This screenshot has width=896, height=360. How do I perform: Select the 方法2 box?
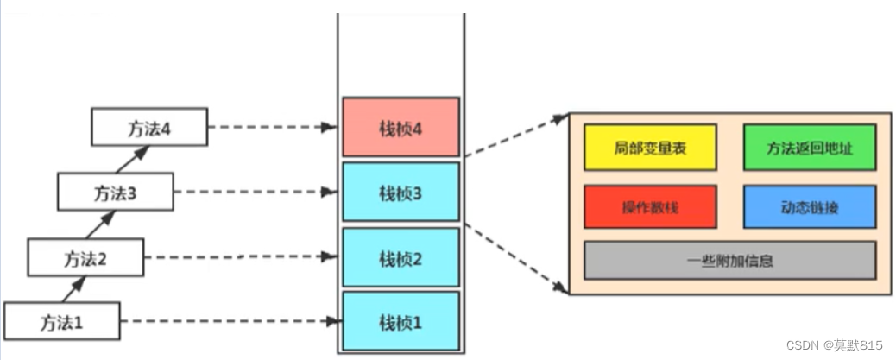point(85,256)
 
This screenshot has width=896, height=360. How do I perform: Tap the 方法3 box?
point(115,193)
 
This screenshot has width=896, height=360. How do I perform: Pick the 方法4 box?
point(149,128)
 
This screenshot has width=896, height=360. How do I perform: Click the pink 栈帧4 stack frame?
point(401,128)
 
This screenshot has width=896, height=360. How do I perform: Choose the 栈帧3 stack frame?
point(401,193)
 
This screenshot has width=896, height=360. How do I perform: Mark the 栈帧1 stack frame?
point(401,321)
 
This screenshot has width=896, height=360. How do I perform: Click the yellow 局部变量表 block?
point(650,147)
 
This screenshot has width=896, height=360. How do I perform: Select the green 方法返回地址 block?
point(810,147)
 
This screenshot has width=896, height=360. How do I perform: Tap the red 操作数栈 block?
point(650,207)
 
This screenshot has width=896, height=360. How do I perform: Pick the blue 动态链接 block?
point(810,207)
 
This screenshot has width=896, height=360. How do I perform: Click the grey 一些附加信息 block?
point(730,260)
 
